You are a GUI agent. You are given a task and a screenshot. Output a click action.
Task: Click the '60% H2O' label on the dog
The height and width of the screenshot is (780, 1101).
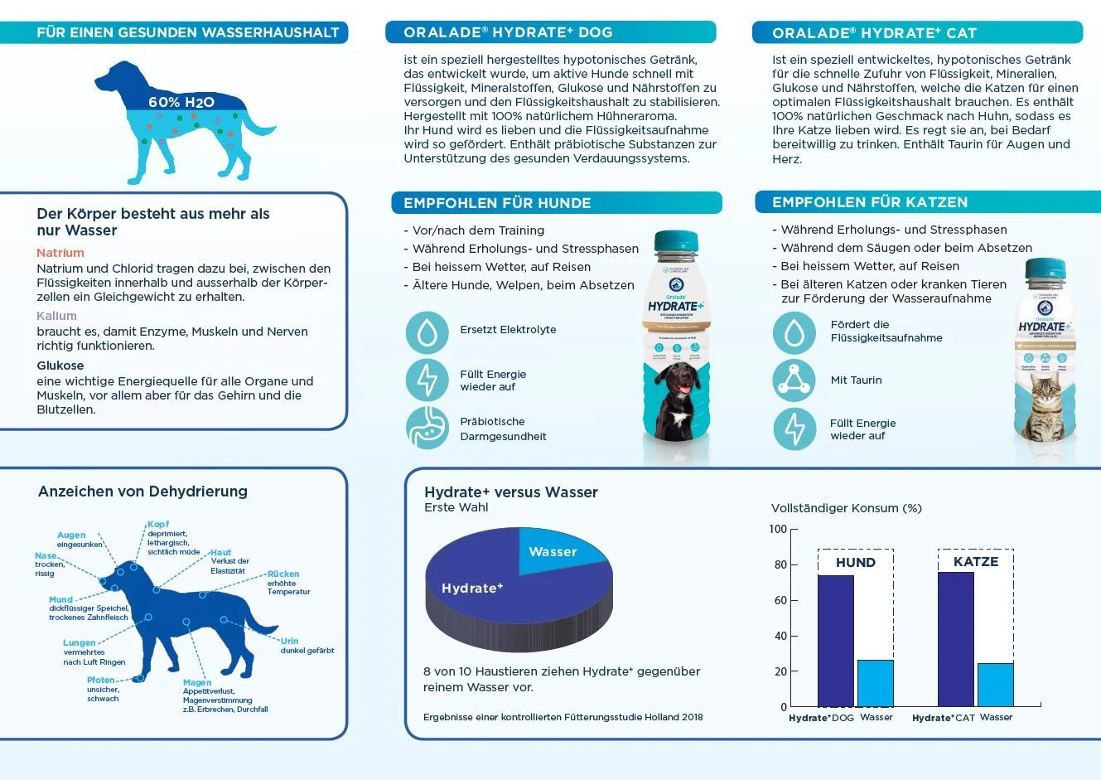[181, 102]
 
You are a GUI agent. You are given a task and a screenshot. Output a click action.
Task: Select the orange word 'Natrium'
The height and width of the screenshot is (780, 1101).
[60, 253]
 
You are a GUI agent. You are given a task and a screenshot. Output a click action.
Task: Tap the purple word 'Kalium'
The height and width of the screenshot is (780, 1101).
[56, 316]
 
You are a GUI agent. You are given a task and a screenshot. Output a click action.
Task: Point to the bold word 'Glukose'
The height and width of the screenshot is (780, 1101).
[60, 366]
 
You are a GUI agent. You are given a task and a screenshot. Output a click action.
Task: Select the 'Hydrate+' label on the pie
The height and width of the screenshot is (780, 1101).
[472, 589]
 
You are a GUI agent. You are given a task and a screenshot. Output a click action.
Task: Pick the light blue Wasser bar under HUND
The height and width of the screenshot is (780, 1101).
[875, 683]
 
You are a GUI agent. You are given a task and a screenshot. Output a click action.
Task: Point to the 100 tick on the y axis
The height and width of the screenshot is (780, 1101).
[779, 529]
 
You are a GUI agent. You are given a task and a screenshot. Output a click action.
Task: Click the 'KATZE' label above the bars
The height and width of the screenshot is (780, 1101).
[975, 562]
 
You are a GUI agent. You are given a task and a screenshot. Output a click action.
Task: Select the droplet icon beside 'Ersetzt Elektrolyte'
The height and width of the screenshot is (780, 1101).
[427, 332]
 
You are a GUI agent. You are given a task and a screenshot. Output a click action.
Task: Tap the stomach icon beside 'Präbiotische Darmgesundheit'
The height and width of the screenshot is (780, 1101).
[427, 428]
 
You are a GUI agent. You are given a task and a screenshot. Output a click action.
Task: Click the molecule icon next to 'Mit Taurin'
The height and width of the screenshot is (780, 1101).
[794, 380]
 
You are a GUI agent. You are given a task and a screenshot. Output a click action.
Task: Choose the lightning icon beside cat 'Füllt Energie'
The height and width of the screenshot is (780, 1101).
[794, 429]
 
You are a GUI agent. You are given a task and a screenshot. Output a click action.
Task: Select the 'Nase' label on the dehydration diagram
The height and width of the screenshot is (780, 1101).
[46, 556]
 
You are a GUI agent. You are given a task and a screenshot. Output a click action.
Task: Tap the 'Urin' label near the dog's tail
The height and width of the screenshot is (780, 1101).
[289, 641]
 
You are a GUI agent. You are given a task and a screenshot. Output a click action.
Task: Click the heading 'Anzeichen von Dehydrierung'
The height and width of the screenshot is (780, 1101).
[142, 492]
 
